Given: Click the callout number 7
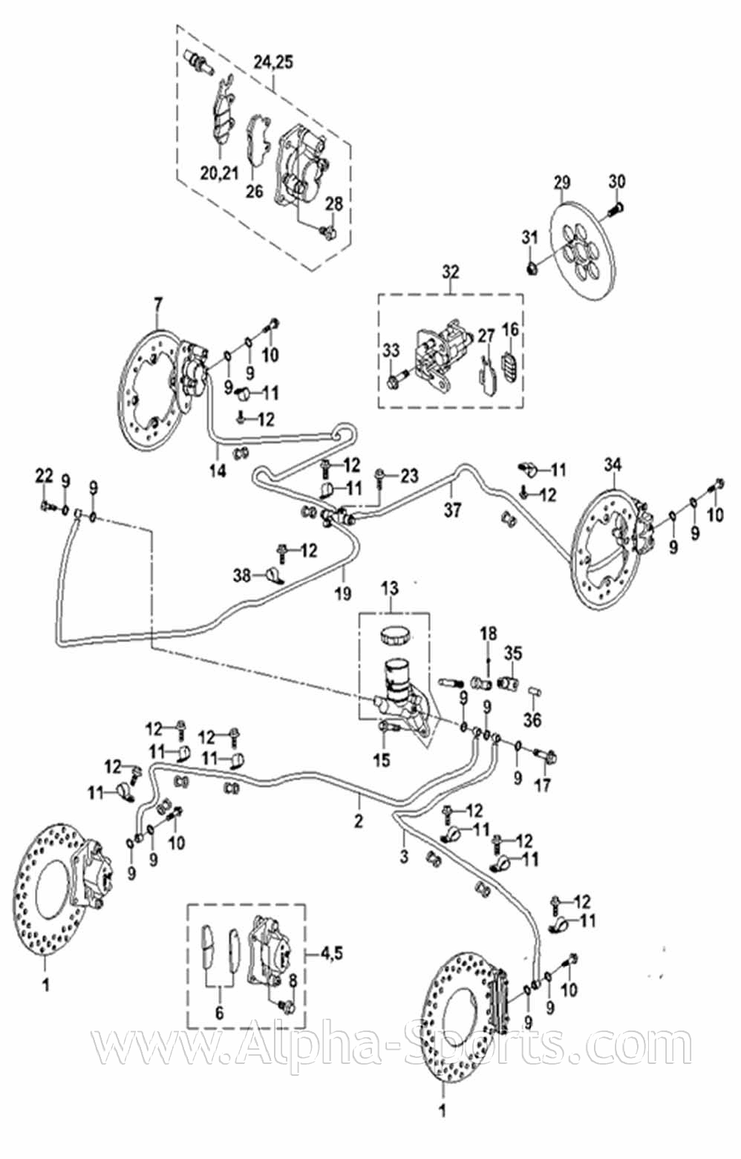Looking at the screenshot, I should [x=157, y=304].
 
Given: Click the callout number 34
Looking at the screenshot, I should [x=613, y=465].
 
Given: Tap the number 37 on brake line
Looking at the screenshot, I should [x=452, y=510].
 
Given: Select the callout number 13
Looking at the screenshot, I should [x=389, y=588].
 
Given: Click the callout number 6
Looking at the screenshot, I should [x=218, y=1013].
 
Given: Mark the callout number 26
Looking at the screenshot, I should [x=254, y=192].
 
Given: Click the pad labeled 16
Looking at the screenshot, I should [x=509, y=368].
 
